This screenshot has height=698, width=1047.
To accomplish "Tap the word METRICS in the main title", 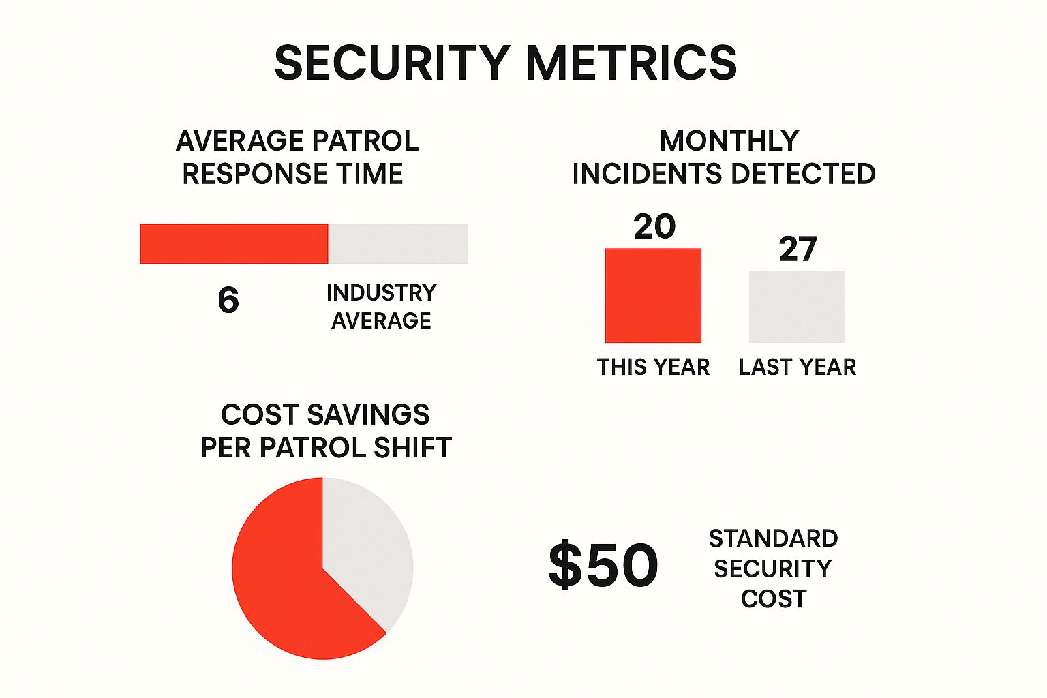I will tap(631, 63).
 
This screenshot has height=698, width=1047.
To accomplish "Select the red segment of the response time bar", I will tap(234, 243).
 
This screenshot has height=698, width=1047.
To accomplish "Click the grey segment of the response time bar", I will tap(398, 243).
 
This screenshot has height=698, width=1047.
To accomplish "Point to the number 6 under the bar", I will tap(228, 300).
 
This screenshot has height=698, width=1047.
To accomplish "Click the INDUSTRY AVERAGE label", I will tap(381, 306).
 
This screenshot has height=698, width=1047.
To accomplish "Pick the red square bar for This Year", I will tap(653, 295).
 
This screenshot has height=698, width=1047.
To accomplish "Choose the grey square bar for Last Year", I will tap(797, 306).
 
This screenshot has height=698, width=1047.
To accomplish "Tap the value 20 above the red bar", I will tap(654, 226).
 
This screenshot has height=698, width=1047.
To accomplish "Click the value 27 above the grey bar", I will tap(798, 249).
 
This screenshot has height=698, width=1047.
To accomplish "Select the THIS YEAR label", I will tap(653, 367).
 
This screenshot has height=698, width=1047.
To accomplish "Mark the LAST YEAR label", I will tap(797, 367).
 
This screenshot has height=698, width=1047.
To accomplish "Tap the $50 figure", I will tap(603, 565).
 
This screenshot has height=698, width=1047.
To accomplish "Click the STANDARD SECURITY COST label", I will tap(773, 568).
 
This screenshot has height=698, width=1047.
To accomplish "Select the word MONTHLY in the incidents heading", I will tap(729, 141).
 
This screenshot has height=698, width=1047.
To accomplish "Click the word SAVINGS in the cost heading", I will tap(368, 414).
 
